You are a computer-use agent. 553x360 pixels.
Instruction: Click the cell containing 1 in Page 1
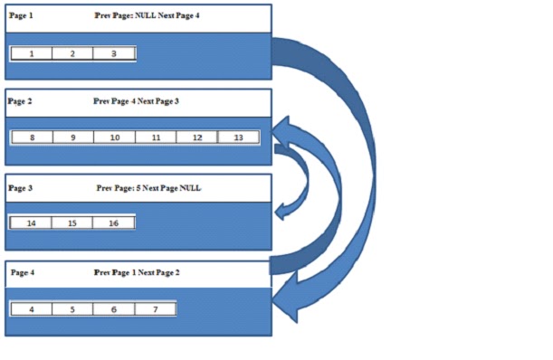(32, 53)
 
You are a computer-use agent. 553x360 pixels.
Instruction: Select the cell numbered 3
(114, 53)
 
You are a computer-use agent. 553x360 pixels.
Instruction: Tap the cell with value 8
(32, 137)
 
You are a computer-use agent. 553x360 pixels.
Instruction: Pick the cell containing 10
(114, 137)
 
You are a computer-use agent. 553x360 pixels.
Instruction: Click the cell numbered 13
(238, 137)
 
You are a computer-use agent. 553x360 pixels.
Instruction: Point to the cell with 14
(32, 223)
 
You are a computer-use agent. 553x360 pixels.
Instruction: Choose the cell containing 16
(114, 223)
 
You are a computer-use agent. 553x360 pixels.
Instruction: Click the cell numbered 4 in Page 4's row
(32, 308)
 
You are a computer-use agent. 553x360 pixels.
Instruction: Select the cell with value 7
(155, 308)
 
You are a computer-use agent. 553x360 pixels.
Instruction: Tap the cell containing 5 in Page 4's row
(72, 308)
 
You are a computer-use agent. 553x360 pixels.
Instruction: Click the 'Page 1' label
(21, 16)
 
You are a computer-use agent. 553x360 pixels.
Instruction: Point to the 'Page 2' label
(21, 101)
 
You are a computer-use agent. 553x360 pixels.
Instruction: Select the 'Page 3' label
(21, 188)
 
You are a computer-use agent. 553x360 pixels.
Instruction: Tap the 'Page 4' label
(21, 271)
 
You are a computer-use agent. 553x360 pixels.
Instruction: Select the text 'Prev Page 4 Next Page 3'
(137, 101)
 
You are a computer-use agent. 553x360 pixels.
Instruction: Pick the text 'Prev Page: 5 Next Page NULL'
(148, 188)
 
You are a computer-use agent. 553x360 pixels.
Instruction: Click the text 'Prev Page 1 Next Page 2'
(137, 271)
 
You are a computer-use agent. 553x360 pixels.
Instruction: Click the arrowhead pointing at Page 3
(282, 210)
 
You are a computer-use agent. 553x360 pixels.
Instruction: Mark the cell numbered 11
(156, 137)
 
